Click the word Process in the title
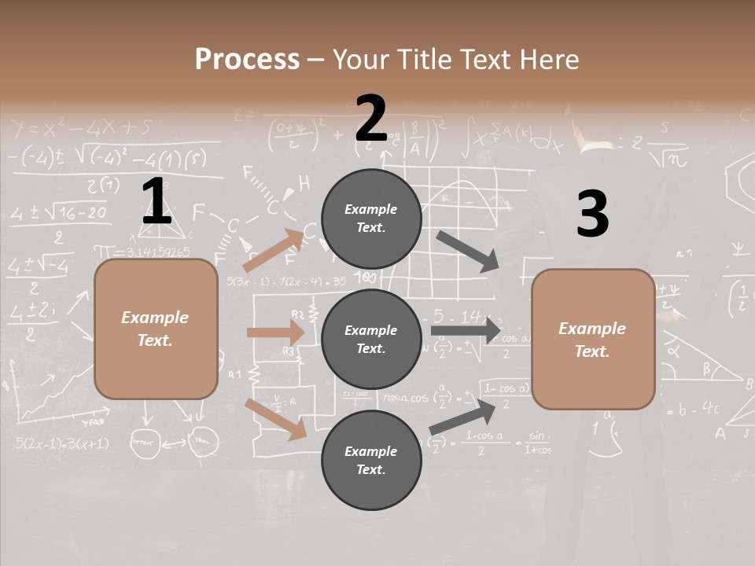247,60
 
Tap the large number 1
157,201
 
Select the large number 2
371,119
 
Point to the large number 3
592,215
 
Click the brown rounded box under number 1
156,329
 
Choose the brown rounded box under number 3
593,340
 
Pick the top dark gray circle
371,219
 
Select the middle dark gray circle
371,339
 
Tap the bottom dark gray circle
371,460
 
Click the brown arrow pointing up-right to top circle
274,250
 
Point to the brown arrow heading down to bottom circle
276,418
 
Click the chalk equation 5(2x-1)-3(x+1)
62,443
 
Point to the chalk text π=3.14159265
142,252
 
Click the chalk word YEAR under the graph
94,422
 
